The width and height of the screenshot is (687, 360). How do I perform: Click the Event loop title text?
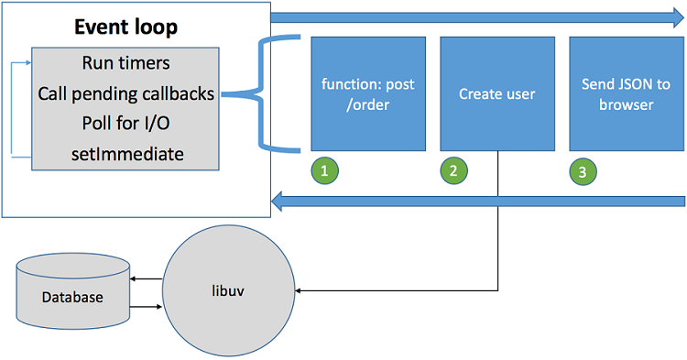(x=125, y=27)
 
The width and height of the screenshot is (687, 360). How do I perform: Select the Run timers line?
(x=125, y=64)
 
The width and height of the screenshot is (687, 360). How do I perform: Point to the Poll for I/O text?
(x=125, y=124)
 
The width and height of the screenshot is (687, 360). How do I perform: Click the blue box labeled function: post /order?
(x=368, y=93)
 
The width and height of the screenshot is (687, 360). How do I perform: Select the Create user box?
(x=497, y=93)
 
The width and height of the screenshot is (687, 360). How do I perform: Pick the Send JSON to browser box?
(x=627, y=93)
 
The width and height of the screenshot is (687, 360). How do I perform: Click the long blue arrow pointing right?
(x=476, y=16)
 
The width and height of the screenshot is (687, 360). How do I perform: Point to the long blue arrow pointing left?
(x=476, y=201)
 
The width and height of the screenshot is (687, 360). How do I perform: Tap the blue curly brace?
(x=261, y=93)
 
